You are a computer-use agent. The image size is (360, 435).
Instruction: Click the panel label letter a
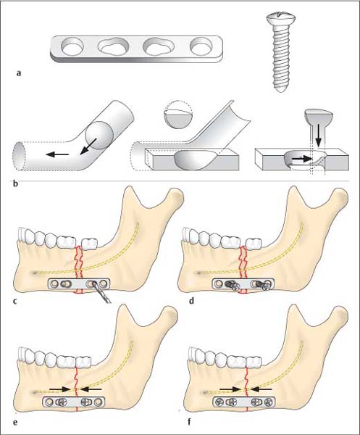[x=19, y=73]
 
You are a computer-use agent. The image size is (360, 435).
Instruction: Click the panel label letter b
[x=15, y=183]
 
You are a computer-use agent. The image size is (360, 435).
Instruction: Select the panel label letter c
[x=15, y=301]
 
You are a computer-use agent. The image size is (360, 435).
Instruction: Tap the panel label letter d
[x=191, y=300]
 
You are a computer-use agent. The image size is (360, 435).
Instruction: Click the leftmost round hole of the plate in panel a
[x=72, y=46]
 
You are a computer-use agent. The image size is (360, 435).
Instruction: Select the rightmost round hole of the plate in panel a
[x=201, y=46]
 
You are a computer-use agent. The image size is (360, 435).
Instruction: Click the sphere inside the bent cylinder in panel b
[x=99, y=135]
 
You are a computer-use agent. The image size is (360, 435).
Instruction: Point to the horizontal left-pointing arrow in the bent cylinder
[x=57, y=154]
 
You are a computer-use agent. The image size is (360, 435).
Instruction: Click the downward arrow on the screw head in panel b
[x=319, y=136]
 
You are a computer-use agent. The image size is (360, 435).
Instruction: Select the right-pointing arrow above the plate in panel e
[x=59, y=389]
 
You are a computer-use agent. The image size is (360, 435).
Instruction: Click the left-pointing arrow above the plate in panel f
[x=261, y=389]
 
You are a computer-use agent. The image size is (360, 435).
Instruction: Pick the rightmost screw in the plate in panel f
[x=268, y=402]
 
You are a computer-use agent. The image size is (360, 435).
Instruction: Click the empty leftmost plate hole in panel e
[x=50, y=402]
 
